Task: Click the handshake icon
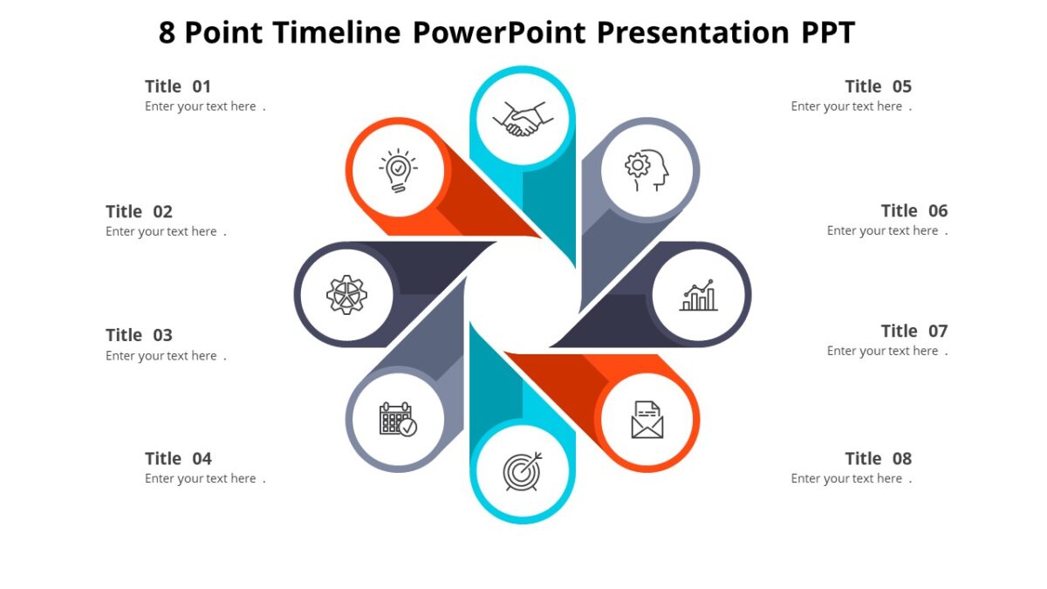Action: (x=523, y=118)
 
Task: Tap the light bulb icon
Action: (x=398, y=169)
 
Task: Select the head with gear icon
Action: (x=647, y=169)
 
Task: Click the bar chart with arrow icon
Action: (x=699, y=295)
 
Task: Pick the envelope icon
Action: (x=647, y=420)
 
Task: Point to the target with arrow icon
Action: (x=523, y=471)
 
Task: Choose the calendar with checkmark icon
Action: (x=398, y=420)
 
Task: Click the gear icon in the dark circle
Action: (x=346, y=295)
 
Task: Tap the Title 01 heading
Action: (x=178, y=86)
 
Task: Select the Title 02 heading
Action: (x=140, y=211)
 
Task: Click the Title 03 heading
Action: (x=140, y=335)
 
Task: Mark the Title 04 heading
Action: (x=178, y=458)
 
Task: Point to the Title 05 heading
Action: (x=878, y=86)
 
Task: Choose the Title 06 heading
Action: (x=914, y=210)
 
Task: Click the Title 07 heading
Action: (x=914, y=331)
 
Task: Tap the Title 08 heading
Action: (x=878, y=458)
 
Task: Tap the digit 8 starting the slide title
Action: (x=168, y=33)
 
